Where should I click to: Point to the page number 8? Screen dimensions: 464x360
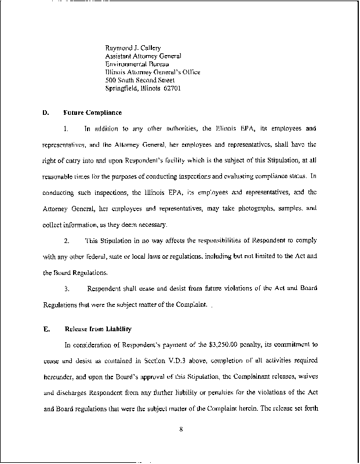[x=181, y=430]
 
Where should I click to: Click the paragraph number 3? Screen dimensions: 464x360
[x=67, y=288]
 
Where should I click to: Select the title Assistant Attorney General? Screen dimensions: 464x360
[x=143, y=56]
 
